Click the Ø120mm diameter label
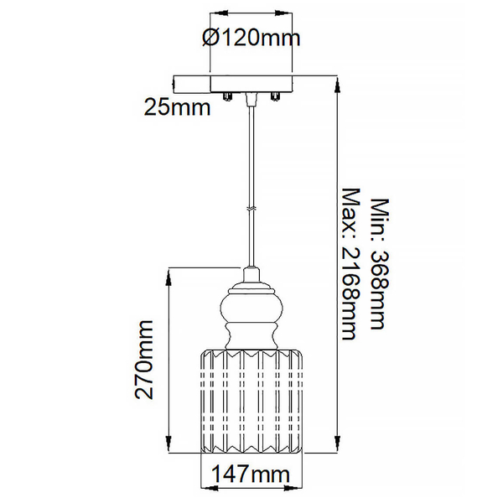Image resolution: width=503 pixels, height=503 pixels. (251, 38)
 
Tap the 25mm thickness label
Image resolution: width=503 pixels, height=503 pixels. (177, 107)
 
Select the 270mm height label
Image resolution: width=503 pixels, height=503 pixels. (143, 360)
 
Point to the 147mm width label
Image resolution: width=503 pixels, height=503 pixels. (251, 474)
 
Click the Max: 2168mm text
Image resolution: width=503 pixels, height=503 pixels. (350, 264)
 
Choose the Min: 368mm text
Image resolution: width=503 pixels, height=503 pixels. (380, 264)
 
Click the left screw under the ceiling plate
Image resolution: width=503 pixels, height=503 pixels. (227, 96)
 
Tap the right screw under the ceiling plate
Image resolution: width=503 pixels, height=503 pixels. (275, 96)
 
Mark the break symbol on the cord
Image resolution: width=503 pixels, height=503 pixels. (251, 209)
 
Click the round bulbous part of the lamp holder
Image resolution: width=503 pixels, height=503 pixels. (251, 308)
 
